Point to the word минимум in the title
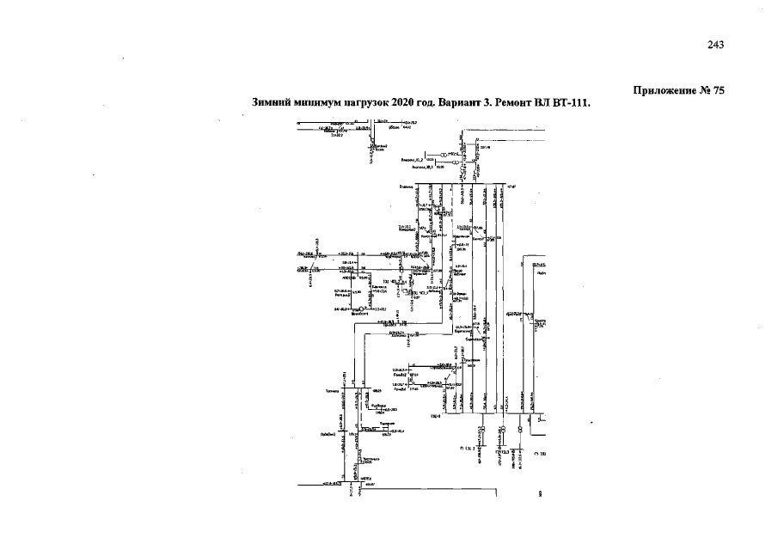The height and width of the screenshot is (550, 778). pos(317,101)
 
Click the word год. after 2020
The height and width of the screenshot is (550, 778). pos(430,101)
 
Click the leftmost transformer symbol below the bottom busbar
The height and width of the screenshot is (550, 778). pos(482,430)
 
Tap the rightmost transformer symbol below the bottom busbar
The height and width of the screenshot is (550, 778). pos(520,430)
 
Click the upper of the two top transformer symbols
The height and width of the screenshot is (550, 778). pos(444,155)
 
